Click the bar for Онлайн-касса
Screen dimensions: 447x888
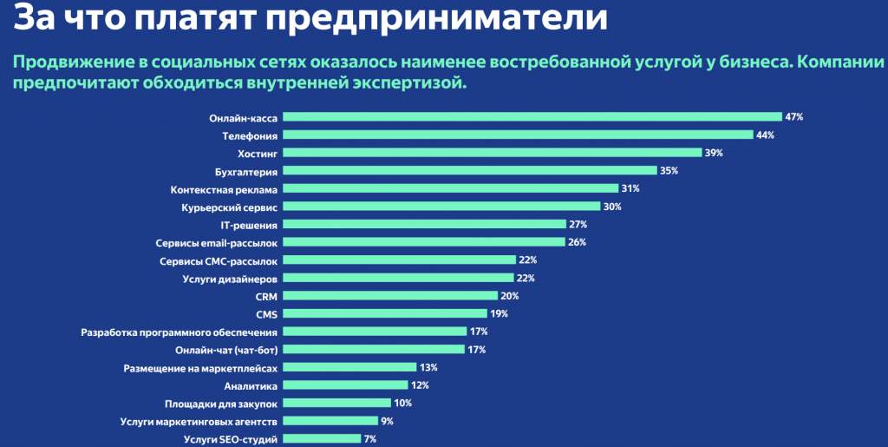click(532, 116)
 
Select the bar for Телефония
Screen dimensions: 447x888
click(518, 135)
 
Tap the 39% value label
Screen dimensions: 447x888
click(714, 153)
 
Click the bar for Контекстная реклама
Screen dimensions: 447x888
click(451, 188)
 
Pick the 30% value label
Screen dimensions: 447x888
click(612, 207)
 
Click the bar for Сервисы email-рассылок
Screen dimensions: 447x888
click(424, 242)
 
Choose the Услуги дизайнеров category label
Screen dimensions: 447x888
click(230, 279)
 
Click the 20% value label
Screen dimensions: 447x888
click(511, 296)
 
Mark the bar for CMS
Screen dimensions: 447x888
click(385, 314)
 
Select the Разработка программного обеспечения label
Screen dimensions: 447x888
click(179, 332)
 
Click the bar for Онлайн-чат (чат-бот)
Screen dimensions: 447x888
click(375, 350)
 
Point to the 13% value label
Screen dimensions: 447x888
click(428, 368)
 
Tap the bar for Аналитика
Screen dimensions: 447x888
click(346, 385)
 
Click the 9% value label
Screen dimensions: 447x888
click(387, 421)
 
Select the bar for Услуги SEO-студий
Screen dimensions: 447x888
click(323, 439)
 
